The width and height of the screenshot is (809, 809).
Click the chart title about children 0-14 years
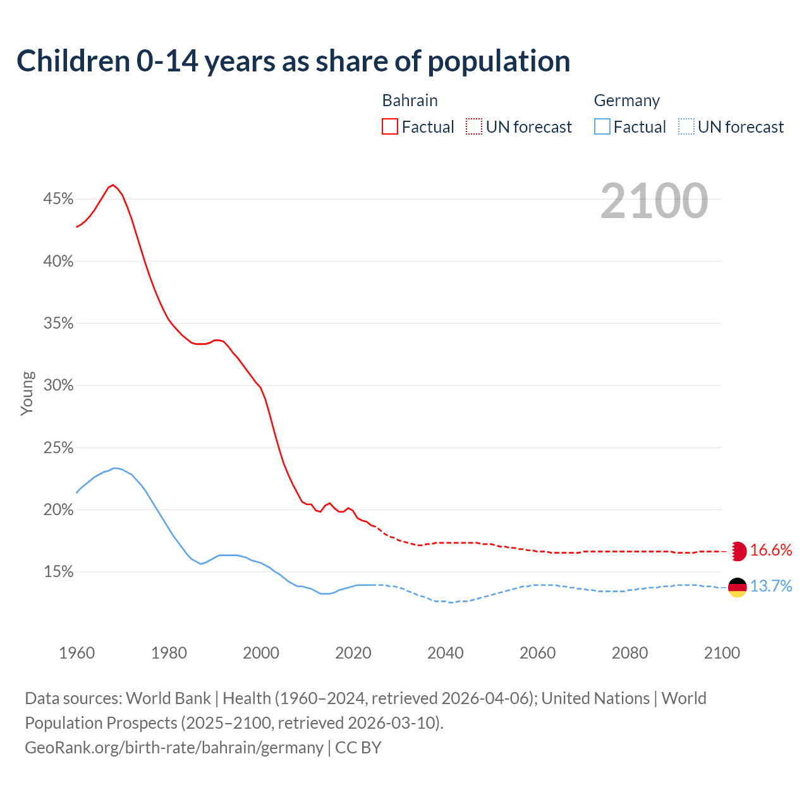293,61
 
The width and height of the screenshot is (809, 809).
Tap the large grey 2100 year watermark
654,201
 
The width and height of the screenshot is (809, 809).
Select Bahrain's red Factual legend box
390,127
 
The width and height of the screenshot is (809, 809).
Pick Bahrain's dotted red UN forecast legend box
474,127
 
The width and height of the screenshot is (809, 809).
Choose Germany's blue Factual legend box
602,127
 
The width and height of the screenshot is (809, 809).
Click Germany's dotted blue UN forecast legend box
686,127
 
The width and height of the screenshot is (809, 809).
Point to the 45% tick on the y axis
58,199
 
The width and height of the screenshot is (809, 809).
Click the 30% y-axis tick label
58,386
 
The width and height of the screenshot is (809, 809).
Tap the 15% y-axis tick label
58,572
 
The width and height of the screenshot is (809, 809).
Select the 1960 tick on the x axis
77,653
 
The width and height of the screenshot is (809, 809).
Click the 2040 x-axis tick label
446,653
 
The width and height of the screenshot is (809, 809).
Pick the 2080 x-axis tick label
630,653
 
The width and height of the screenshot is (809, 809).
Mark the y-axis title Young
27,393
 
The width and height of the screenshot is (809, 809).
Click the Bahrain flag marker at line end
738,551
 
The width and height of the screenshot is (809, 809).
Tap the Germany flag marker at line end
738,587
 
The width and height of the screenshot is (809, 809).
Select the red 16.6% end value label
771,550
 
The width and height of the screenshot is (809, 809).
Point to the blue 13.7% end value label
771,587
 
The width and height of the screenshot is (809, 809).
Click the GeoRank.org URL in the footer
174,748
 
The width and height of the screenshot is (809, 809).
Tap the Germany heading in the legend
626,100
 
